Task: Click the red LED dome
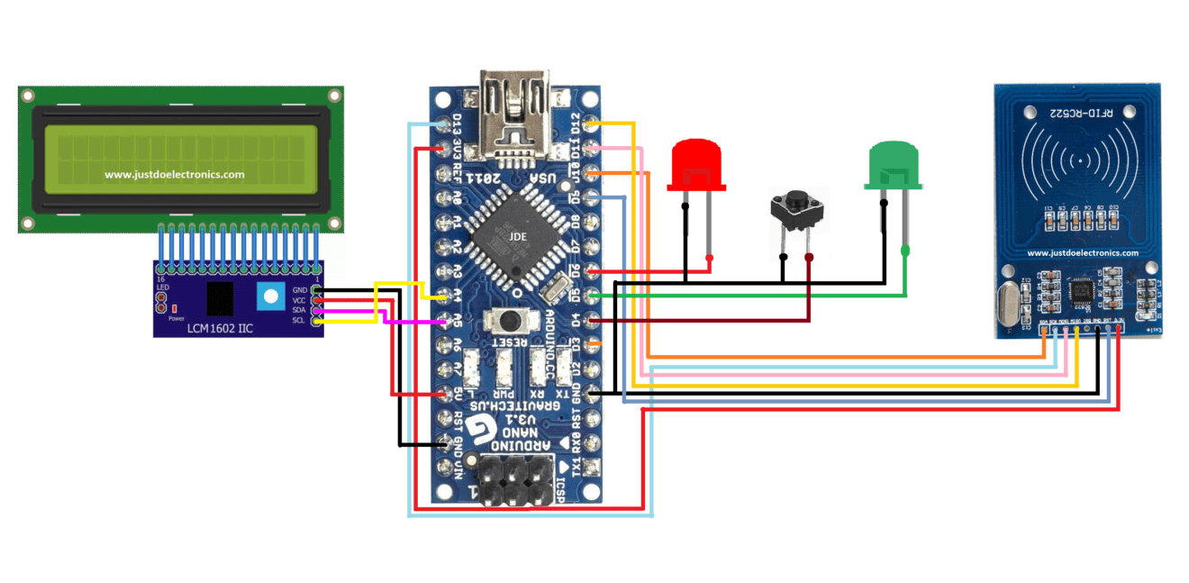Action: pos(696,163)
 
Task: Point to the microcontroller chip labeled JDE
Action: pos(517,237)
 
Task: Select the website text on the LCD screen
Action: pos(174,175)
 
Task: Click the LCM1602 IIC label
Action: pos(220,329)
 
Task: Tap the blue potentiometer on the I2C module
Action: pos(268,296)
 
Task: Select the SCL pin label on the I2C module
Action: pos(298,321)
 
